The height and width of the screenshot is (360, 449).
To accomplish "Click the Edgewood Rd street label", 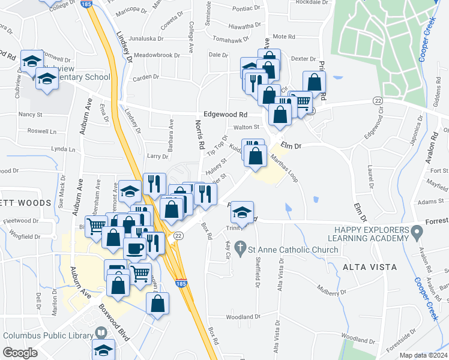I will pos(226,114).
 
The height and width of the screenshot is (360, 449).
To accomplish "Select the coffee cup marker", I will pos(134,248).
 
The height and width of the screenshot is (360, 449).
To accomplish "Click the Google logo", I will pos(20,353).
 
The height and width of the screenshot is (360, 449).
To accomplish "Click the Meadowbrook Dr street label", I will pos(157,55).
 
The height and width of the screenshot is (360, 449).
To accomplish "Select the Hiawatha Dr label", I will pos(246,26).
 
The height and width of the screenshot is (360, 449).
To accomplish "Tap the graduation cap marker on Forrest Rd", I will pos(242,212).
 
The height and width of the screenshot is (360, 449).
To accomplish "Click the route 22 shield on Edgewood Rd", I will pos(378,100).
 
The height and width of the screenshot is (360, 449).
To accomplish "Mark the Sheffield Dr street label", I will pos(257,271).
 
